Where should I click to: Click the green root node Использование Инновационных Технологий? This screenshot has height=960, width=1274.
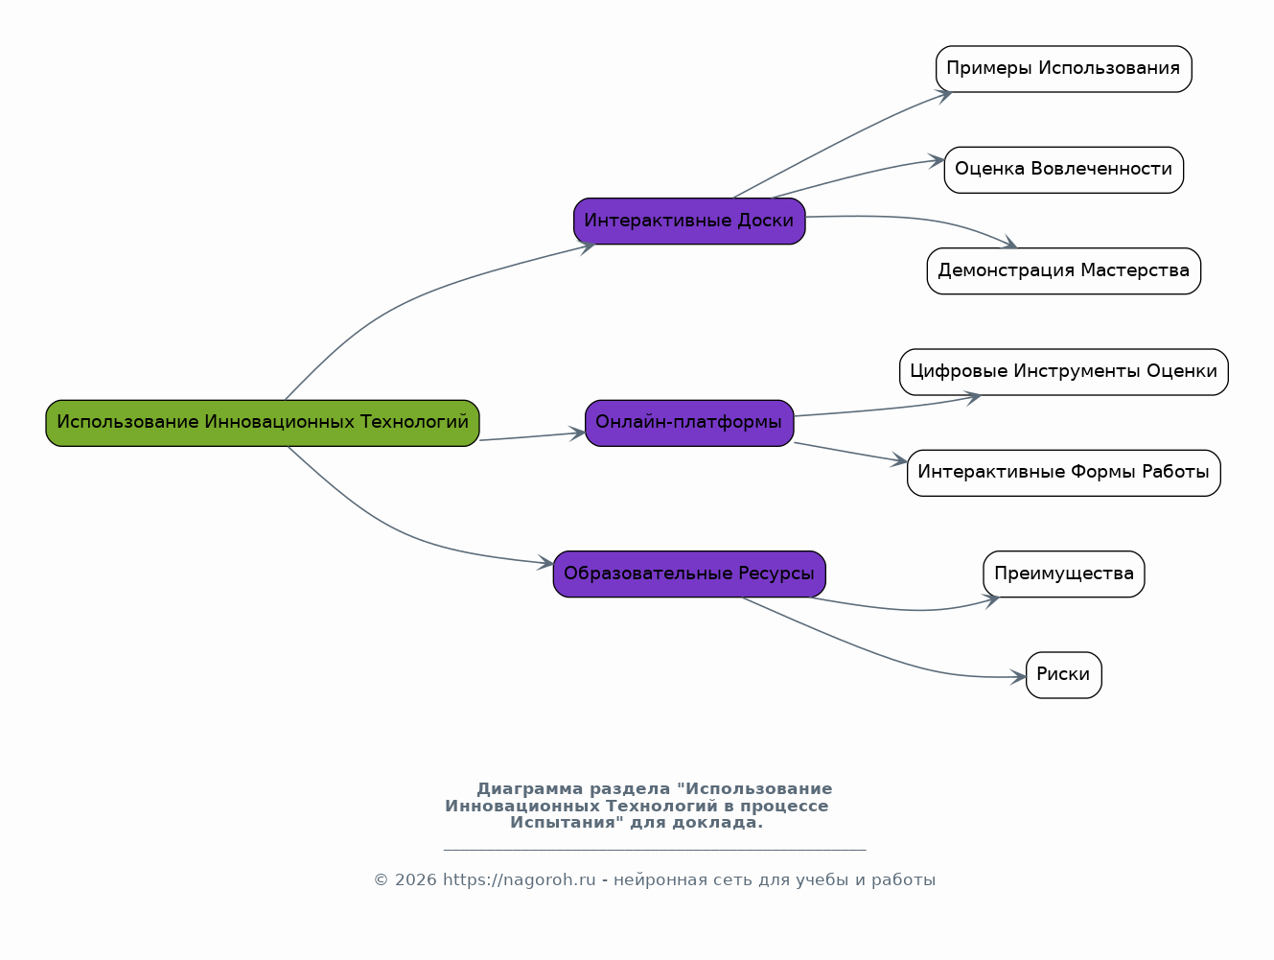point(262,423)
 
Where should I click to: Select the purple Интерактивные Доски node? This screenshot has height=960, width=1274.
point(689,221)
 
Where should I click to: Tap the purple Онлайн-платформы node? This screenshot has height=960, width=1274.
point(689,423)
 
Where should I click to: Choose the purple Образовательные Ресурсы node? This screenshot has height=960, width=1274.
point(689,574)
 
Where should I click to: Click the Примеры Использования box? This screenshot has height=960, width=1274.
point(1063,69)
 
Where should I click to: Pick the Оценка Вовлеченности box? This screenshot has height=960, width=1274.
point(1063,170)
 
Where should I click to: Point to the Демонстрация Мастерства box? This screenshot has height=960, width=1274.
point(1063,271)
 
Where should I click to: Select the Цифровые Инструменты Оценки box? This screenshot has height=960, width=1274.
point(1063,372)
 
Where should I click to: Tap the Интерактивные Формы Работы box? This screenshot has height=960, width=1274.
point(1063,473)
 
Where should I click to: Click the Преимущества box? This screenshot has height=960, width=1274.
point(1063,574)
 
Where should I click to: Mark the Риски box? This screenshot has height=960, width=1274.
point(1063,675)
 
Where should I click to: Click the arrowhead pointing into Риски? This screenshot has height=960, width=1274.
point(1020,677)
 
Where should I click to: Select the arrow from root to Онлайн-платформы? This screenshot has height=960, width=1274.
point(532,436)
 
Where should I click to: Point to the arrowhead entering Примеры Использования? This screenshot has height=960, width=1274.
point(944,94)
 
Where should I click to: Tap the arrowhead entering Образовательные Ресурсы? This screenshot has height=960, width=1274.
point(546,563)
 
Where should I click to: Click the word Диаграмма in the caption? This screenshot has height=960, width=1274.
point(529,789)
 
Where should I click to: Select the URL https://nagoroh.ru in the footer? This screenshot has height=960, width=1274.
point(519,880)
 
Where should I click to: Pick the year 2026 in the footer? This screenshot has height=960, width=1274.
point(415,880)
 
